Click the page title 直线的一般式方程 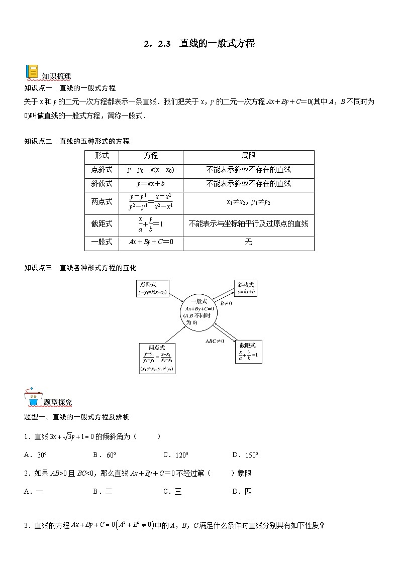pyautogui.click(x=217, y=44)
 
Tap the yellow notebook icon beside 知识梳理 pyautogui.click(x=32, y=72)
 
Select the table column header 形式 pyautogui.click(x=102, y=156)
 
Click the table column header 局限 pyautogui.click(x=248, y=156)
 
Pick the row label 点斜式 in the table pyautogui.click(x=102, y=170)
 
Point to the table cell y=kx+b pyautogui.click(x=151, y=184)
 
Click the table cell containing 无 pyautogui.click(x=248, y=243)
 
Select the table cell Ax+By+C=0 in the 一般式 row pyautogui.click(x=151, y=243)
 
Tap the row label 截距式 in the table pyautogui.click(x=102, y=223)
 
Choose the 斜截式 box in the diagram pyautogui.click(x=246, y=288)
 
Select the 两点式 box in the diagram pyautogui.click(x=157, y=358)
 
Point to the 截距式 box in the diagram pyautogui.click(x=248, y=351)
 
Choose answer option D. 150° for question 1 pyautogui.click(x=245, y=455)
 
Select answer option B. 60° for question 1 pyautogui.click(x=105, y=455)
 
